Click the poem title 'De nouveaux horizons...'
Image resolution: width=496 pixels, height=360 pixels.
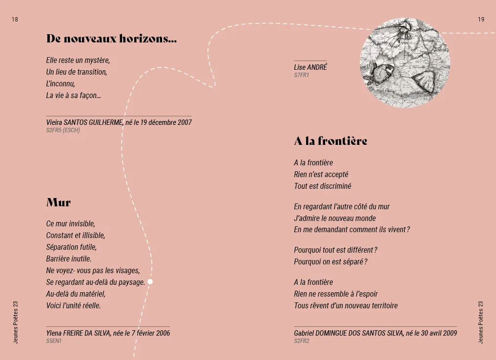tap(111, 39)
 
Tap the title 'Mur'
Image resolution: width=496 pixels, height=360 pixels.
tap(59, 202)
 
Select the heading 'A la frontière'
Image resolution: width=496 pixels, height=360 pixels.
tap(331, 141)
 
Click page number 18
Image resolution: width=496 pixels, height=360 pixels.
tap(15, 20)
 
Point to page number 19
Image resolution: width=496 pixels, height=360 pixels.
tap(481, 20)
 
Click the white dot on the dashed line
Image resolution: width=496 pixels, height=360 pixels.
tap(150, 281)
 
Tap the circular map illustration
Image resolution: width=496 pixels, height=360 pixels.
tap(398, 63)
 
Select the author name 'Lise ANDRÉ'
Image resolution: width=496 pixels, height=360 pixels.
tap(310, 67)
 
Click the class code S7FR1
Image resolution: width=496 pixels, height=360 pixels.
tap(301, 75)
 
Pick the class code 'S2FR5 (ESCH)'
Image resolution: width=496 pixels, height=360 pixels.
tap(63, 130)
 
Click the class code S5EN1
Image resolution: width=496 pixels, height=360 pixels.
tap(54, 341)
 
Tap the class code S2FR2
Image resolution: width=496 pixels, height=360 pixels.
tap(302, 341)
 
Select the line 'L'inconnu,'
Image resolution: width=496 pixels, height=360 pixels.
tap(61, 83)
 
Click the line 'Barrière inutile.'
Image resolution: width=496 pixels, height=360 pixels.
tap(69, 259)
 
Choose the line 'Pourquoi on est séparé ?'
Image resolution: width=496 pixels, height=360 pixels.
tap(331, 261)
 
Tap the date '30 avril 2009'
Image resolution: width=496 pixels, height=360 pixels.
tap(432, 333)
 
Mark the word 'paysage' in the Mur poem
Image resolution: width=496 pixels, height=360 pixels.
tap(132, 282)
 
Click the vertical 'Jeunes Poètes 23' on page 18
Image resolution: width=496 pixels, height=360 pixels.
tap(15, 322)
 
